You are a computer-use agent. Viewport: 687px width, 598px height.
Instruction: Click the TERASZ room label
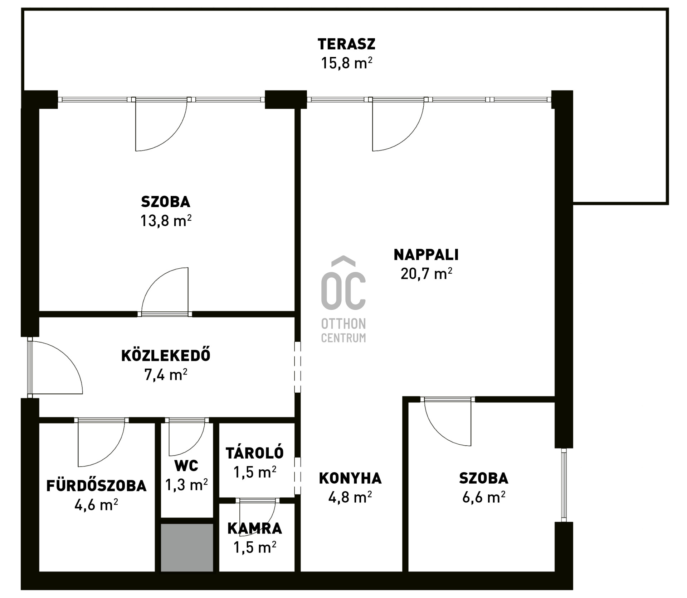(346, 44)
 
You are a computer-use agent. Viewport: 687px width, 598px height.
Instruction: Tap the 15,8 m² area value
(346, 63)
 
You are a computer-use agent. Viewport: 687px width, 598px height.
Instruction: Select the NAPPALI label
(426, 255)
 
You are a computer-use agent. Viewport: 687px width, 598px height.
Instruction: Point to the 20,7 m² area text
(426, 274)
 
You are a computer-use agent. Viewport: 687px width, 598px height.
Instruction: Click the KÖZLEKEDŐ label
(166, 355)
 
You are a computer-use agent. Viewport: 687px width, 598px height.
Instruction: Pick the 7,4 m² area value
(166, 375)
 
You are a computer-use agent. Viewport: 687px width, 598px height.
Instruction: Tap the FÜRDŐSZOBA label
(96, 485)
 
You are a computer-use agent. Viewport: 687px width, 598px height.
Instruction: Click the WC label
(186, 466)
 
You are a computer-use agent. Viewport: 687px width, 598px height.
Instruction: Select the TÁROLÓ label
(255, 453)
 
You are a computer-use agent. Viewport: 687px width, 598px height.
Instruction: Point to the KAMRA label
(255, 528)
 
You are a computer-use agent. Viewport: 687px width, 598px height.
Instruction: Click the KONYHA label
(350, 478)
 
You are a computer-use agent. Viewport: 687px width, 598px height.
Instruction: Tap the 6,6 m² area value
(484, 497)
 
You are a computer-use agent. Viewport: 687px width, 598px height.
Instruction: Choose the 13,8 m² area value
(166, 221)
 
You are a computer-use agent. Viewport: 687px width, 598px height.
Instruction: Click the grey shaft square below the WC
(187, 547)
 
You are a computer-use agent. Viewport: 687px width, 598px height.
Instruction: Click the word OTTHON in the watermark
(343, 324)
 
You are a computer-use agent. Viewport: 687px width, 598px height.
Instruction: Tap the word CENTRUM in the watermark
(343, 338)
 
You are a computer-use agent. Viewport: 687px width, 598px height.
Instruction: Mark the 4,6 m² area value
(96, 505)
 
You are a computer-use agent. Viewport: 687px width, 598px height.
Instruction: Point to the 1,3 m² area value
(186, 485)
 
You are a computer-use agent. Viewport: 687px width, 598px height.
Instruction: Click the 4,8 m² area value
(350, 497)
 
